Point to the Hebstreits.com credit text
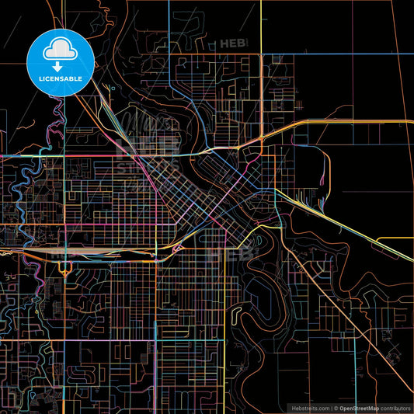(x=310, y=407)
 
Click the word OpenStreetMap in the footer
(x=360, y=407)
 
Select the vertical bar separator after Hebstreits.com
(x=332, y=407)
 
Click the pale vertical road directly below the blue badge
(x=65, y=155)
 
